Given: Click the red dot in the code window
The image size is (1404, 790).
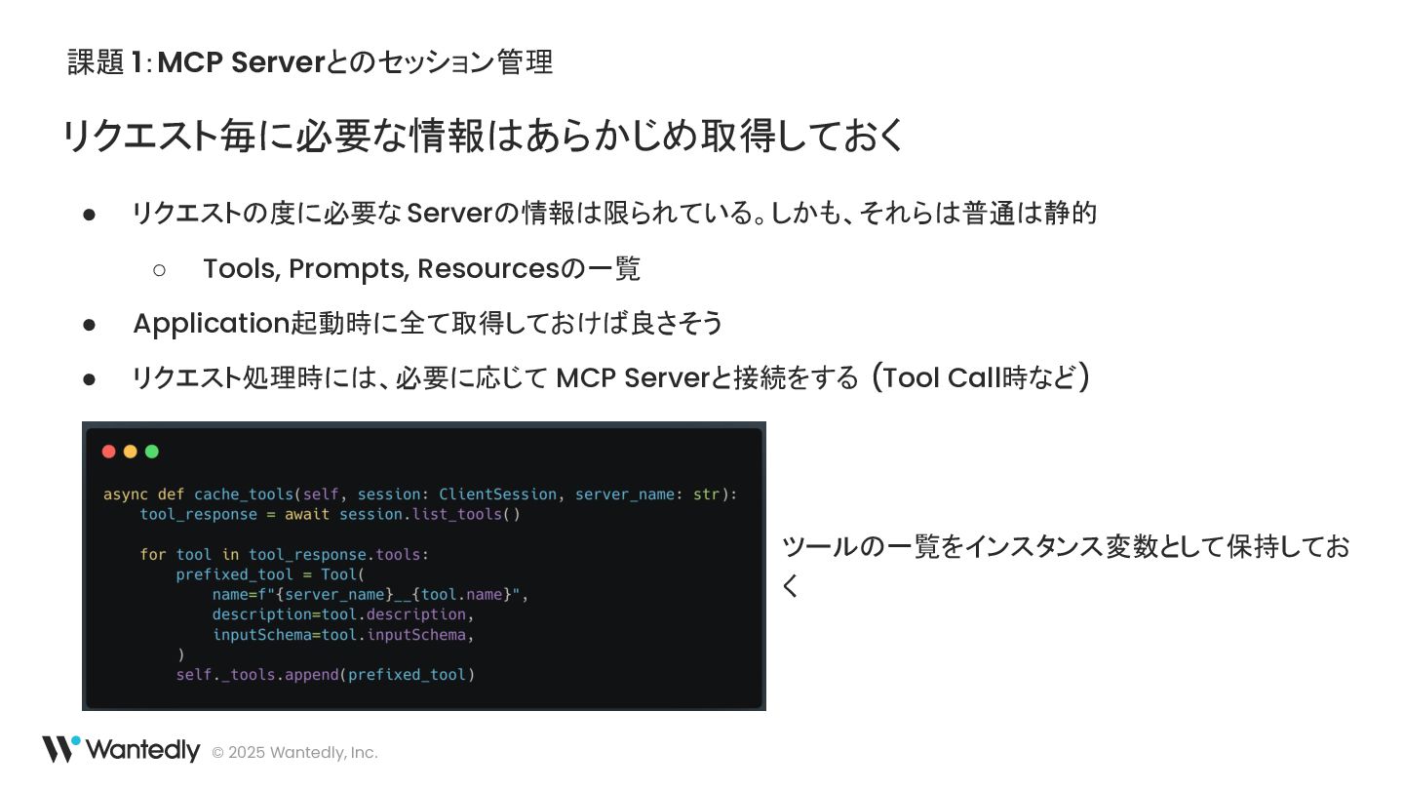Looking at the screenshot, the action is [108, 452].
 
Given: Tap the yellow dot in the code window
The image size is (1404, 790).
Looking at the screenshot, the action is [130, 452].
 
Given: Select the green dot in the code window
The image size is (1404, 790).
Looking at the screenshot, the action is [151, 452].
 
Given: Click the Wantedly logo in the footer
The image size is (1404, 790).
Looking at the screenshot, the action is [121, 749].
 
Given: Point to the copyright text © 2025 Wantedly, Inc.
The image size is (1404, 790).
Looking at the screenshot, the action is [294, 752].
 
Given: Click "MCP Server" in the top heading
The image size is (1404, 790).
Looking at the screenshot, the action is [240, 62].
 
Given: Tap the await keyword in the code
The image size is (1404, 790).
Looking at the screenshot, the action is [307, 515].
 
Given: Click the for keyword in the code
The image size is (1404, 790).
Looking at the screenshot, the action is [153, 555].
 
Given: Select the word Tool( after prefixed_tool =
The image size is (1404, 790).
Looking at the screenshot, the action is [342, 574].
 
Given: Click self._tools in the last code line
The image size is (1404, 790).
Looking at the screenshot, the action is [225, 675].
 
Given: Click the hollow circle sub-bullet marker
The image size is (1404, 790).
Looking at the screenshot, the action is [160, 269].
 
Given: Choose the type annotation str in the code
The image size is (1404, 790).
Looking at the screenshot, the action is [706, 494].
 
